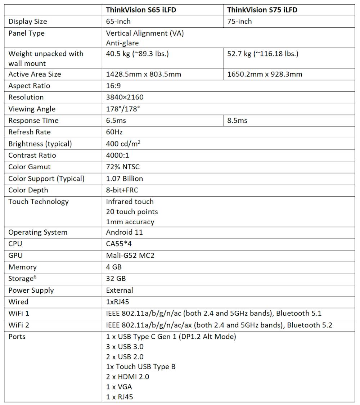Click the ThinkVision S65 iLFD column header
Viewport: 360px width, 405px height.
(x=141, y=10)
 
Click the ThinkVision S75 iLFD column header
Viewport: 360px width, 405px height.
(x=262, y=10)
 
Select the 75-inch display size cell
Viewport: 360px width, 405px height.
(x=239, y=21)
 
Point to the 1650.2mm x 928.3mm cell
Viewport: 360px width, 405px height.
(x=265, y=74)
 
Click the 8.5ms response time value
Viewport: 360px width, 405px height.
(x=237, y=120)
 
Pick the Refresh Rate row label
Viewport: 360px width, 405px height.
(x=30, y=132)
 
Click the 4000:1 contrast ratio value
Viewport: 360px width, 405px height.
(x=117, y=155)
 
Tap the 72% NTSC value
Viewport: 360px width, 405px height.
(x=123, y=167)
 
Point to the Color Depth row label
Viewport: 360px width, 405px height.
(x=28, y=190)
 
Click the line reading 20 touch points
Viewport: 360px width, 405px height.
(x=132, y=212)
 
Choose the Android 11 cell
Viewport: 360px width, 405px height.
(x=124, y=232)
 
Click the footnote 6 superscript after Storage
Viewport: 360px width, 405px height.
(x=35, y=277)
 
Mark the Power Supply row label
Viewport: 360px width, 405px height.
(x=31, y=290)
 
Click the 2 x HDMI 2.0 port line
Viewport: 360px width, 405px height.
(x=127, y=377)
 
